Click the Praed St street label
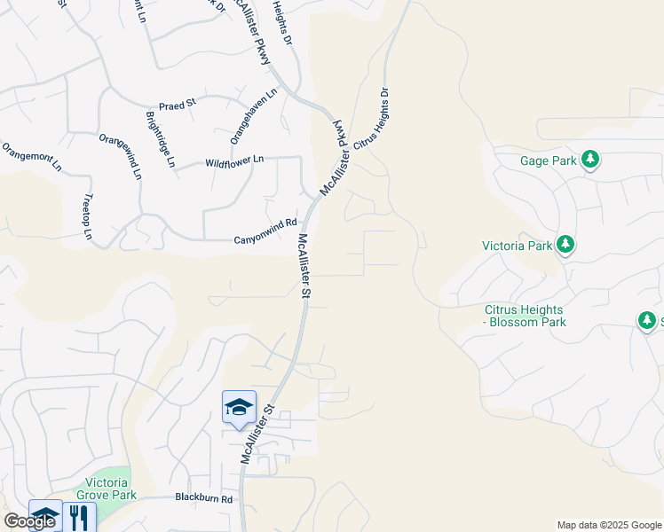tap(177, 106)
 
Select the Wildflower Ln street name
tap(234, 160)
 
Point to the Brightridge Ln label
tap(160, 138)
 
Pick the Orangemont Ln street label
tap(32, 156)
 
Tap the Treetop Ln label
tap(88, 217)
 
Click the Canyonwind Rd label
tap(264, 232)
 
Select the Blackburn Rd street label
tap(203, 498)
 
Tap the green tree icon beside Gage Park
tap(589, 160)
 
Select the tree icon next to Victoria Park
tap(565, 245)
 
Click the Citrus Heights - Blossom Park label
tap(525, 316)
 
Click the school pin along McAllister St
tap(239, 407)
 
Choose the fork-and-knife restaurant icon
tap(81, 517)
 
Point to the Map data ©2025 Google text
tap(609, 525)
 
